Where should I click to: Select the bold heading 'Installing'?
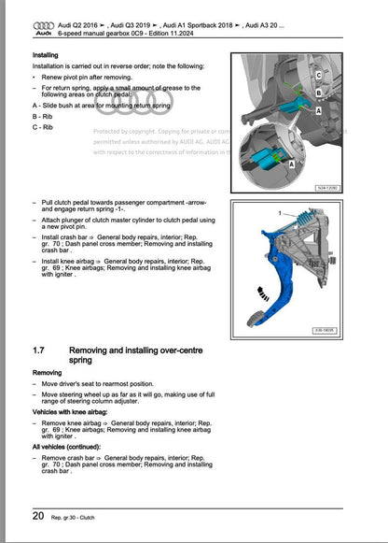click(x=47, y=56)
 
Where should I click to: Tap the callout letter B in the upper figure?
click(x=319, y=93)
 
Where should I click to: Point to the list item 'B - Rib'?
click(x=43, y=118)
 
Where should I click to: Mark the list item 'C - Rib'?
click(x=43, y=127)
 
